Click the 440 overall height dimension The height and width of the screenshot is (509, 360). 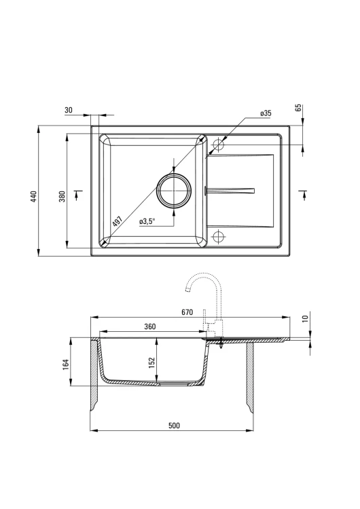[35, 197]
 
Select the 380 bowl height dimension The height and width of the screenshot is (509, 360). [62, 196]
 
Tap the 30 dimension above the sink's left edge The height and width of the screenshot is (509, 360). [69, 110]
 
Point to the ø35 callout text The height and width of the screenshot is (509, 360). [266, 113]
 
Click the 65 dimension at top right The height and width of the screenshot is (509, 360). [299, 107]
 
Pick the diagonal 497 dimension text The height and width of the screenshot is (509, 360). [117, 221]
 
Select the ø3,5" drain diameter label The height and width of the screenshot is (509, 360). [147, 221]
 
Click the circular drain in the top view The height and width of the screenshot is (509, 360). [174, 191]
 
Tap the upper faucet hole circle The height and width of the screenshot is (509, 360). [218, 145]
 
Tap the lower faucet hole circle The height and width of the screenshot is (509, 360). [218, 236]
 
